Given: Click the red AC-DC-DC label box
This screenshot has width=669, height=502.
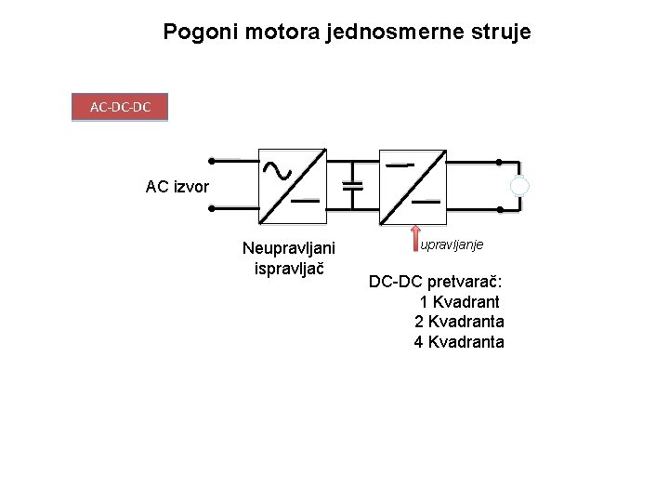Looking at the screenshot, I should (x=120, y=108).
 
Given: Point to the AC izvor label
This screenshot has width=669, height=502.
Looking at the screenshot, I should (x=177, y=187).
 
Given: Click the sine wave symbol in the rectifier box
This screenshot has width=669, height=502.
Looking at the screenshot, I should (x=276, y=168).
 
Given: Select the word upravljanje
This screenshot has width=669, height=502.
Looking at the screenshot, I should (x=452, y=244).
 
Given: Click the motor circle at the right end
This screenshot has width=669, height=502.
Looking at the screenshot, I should (x=520, y=187).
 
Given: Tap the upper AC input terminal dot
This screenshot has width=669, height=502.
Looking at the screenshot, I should (x=212, y=160).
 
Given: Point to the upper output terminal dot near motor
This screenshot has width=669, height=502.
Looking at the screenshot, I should (x=498, y=162).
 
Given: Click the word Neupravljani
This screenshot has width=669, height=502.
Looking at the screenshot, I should (x=288, y=248).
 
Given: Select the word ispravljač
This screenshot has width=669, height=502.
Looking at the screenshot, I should (x=288, y=269).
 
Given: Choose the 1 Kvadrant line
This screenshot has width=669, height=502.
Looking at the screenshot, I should (x=459, y=302).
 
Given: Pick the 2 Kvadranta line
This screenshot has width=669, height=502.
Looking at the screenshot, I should (x=459, y=322).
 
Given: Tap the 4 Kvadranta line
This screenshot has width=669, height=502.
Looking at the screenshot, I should (x=459, y=342).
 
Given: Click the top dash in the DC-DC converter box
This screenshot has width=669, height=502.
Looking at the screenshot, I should (x=400, y=165).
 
